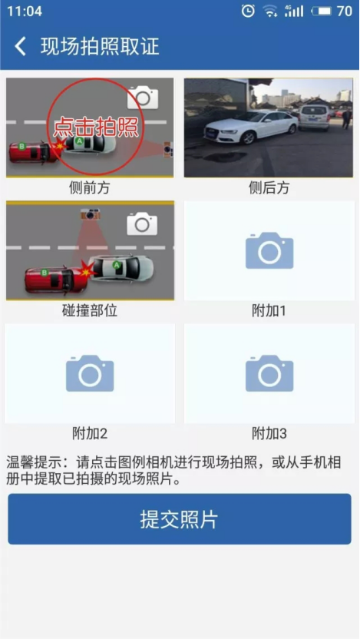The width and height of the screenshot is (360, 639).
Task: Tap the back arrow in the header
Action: (x=21, y=46)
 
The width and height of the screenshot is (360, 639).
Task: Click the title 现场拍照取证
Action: (x=99, y=46)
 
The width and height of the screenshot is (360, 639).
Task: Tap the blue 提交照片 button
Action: (x=180, y=519)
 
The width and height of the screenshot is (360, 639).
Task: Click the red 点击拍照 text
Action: (x=97, y=126)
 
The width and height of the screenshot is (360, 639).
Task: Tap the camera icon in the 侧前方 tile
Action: (x=143, y=96)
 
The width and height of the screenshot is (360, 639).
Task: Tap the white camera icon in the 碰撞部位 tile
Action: (x=142, y=223)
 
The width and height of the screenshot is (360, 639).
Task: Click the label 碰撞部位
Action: (x=90, y=311)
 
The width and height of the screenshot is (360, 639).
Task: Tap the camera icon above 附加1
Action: (x=269, y=250)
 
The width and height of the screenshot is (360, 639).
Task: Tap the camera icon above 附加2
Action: (x=90, y=373)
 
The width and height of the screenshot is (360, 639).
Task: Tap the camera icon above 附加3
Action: (x=269, y=373)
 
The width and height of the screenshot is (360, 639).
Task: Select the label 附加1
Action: (x=269, y=311)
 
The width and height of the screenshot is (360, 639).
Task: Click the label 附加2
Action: (x=90, y=434)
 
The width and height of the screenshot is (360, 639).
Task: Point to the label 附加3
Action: (x=269, y=434)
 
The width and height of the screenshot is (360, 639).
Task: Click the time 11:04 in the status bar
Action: (x=25, y=12)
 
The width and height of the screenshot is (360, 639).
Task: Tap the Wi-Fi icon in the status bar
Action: (x=269, y=12)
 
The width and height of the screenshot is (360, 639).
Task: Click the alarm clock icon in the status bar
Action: (x=247, y=11)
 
